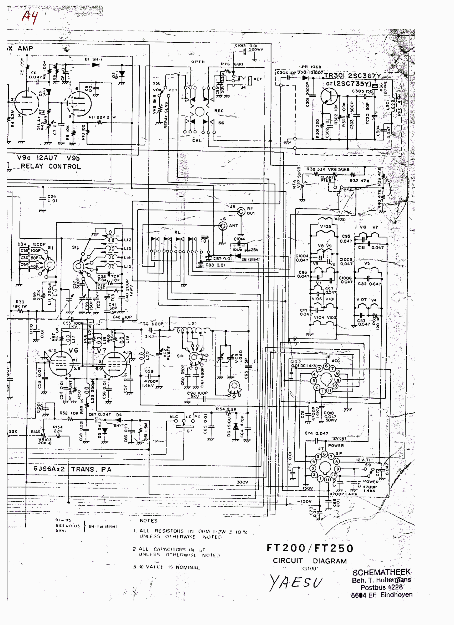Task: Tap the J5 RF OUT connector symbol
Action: [x=241, y=211]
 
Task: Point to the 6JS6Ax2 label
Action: [x=49, y=469]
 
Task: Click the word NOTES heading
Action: [x=148, y=521]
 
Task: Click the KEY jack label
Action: [x=258, y=79]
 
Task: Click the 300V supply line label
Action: [x=242, y=482]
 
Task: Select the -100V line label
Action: [x=304, y=501]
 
